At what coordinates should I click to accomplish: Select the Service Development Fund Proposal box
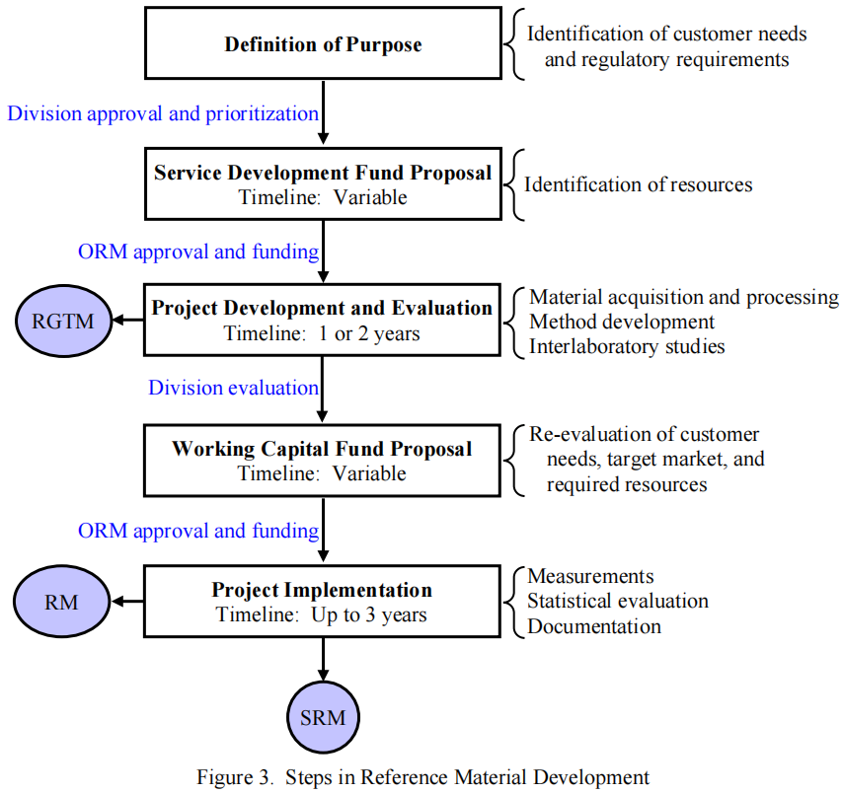coord(323,184)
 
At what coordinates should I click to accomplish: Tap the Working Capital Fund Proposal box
coord(323,461)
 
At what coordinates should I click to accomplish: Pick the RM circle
coord(61,601)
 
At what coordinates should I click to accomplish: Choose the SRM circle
coord(323,717)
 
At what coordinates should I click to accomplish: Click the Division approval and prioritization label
coord(163,112)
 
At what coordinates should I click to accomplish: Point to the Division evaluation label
coord(233,388)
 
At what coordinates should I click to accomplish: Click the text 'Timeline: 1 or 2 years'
coord(322,333)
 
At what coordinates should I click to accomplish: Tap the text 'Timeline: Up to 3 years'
coord(322,614)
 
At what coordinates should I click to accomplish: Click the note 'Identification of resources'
coord(638,184)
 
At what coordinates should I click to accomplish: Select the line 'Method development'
coord(622,322)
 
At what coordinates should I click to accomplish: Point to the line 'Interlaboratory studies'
coord(627,346)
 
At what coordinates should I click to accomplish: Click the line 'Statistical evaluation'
coord(618,601)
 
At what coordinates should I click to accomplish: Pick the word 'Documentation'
coord(594,625)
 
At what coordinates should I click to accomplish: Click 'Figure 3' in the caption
coord(234,776)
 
